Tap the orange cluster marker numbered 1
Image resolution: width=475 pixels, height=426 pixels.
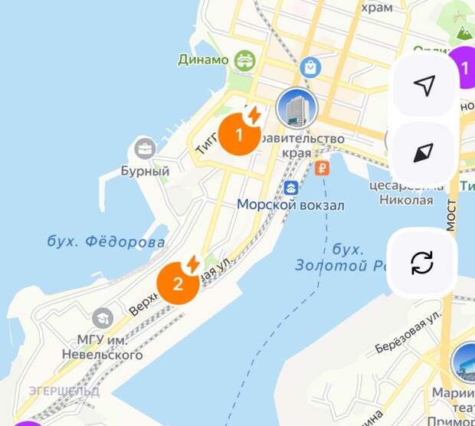coord(238,136)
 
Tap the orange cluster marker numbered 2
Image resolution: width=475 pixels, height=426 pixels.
coord(178,283)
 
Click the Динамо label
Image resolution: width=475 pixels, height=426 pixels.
coord(203,60)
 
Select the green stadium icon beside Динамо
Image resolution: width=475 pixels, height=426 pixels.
coord(245,59)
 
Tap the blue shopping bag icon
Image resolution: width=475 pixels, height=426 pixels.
coord(310,67)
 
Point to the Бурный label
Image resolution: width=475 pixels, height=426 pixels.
coord(145,171)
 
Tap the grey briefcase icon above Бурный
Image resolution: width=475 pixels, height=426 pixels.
coord(144,149)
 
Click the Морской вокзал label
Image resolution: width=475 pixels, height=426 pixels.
coord(290,205)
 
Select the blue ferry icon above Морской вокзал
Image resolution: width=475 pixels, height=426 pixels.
coord(291,187)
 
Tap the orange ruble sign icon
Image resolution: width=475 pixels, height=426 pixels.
coord(323,168)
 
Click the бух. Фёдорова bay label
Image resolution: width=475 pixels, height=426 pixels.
coord(106,242)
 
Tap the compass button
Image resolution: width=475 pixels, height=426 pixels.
coord(423,153)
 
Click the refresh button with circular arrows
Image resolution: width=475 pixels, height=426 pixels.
coord(422,262)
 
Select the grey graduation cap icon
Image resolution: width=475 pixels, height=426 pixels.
coord(103,317)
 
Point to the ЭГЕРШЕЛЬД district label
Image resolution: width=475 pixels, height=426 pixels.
coord(64,391)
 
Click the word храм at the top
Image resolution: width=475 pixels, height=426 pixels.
coord(376,7)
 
